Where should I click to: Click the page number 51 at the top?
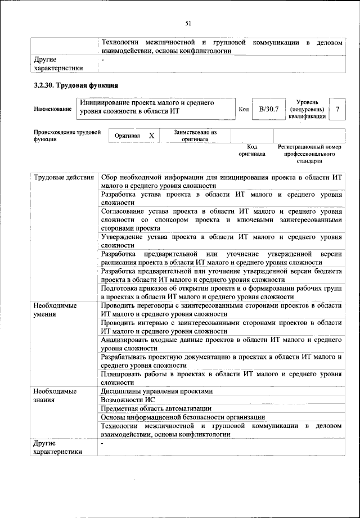pos(188,23)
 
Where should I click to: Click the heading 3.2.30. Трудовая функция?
pos(75,86)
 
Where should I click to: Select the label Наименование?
pos(52,109)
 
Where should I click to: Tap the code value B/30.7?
pos(265,109)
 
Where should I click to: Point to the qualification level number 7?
pos(337,109)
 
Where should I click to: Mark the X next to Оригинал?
pos(151,136)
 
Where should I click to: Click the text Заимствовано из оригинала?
pos(195,136)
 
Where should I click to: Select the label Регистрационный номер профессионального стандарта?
pos(309,154)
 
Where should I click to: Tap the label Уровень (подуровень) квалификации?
pos(307,109)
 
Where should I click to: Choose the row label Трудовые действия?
pos(64,178)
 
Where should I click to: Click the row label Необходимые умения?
pos(55,309)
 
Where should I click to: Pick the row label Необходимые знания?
pos(55,396)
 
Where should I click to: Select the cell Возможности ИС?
pos(127,400)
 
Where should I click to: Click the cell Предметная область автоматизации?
pos(156,408)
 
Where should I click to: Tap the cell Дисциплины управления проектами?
pos(157,391)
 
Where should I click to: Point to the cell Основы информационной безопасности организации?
pos(182,417)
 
